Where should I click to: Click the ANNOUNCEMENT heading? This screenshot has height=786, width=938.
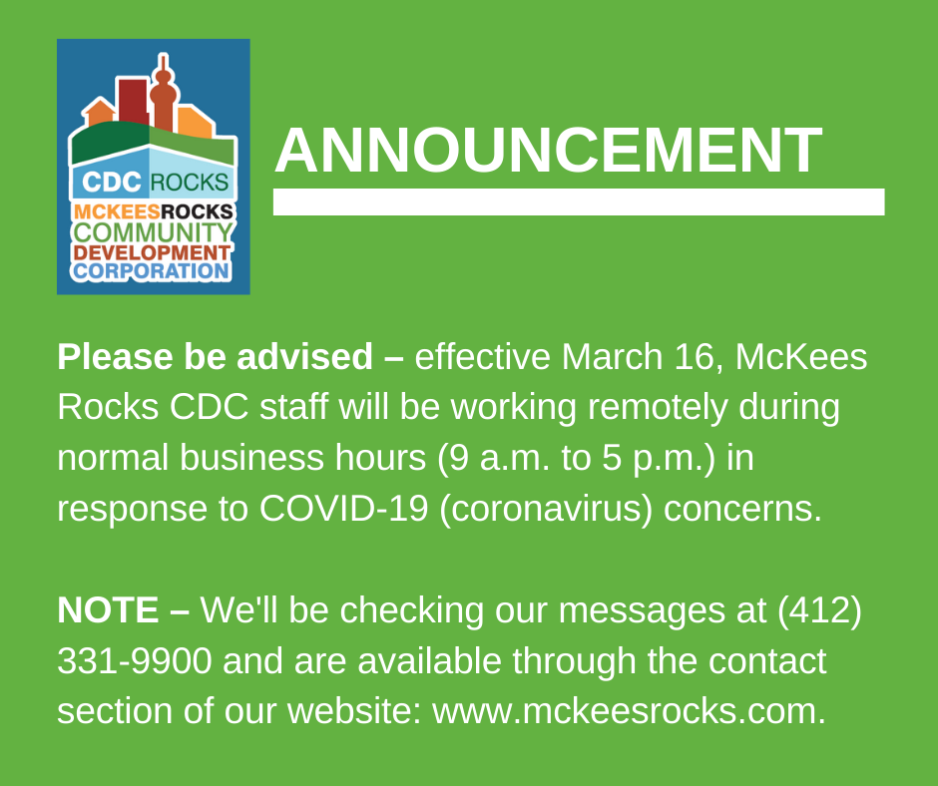(x=548, y=151)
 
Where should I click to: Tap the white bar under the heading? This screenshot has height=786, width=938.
(x=579, y=201)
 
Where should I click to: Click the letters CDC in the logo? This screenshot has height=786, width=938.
(x=112, y=183)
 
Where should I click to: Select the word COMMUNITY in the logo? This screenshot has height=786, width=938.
(x=153, y=232)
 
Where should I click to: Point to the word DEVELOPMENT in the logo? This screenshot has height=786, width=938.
(x=152, y=252)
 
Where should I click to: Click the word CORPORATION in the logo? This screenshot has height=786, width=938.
(x=152, y=271)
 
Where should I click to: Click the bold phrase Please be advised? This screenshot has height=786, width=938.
(x=215, y=357)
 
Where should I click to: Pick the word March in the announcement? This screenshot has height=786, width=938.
(x=612, y=357)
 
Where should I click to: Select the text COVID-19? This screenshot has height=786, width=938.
(x=343, y=509)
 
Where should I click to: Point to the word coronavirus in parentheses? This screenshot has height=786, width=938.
(x=546, y=510)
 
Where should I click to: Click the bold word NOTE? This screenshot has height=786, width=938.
(x=108, y=610)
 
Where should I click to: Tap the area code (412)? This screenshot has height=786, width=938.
(x=819, y=610)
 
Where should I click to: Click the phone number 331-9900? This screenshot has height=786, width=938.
(x=135, y=661)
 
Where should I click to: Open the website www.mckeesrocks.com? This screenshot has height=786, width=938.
(x=629, y=711)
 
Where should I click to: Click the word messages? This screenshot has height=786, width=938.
(x=642, y=611)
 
